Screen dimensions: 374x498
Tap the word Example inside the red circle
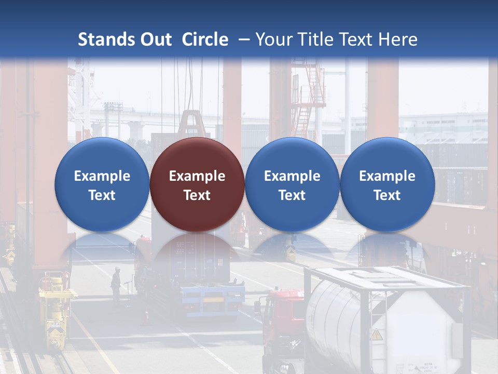[197, 176]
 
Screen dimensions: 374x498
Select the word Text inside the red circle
[197, 195]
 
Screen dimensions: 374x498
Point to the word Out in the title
[155, 39]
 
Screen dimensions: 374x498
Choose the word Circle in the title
[205, 39]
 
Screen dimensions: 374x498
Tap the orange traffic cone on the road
[146, 315]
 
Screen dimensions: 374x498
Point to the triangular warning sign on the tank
[377, 335]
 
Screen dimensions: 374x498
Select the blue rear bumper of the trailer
[213, 297]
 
